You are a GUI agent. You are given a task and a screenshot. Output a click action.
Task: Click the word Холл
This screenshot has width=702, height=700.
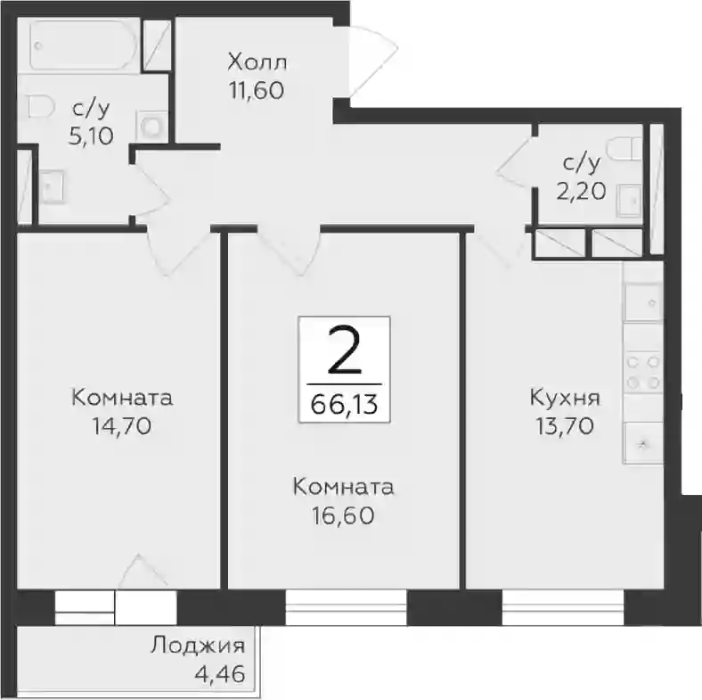tap(257, 62)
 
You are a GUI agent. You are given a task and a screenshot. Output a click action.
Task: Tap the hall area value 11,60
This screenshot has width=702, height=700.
tap(257, 91)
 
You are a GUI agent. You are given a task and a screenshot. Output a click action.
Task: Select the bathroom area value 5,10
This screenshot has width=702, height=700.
tap(91, 136)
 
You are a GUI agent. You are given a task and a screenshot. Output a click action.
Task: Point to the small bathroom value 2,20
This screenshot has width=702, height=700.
tap(581, 192)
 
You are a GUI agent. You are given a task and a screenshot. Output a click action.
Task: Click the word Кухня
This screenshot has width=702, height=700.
tap(565, 398)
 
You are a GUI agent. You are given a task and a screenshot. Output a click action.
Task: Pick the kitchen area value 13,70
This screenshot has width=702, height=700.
tap(565, 425)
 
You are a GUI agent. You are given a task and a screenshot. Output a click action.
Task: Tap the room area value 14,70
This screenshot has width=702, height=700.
tap(122, 425)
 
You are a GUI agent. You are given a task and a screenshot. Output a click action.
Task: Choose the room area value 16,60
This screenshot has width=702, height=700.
tap(343, 515)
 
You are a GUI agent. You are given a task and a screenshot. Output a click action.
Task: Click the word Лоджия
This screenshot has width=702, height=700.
tap(198, 646)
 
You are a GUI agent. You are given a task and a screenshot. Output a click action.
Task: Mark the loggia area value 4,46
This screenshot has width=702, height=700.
tap(220, 674)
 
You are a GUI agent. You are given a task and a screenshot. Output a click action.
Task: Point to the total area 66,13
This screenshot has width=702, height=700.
tap(344, 405)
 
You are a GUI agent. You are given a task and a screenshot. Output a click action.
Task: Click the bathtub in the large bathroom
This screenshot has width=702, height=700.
tap(84, 45)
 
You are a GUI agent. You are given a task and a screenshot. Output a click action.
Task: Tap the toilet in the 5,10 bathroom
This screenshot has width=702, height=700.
tap(41, 107)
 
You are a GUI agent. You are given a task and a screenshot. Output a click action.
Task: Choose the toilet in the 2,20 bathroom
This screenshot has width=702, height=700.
tap(624, 147)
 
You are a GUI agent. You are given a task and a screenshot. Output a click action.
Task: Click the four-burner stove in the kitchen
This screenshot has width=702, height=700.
tap(643, 372)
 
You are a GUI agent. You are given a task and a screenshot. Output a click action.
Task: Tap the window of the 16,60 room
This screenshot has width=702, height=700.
tap(346, 607)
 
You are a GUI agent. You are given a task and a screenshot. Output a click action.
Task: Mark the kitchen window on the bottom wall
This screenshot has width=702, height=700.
tap(563, 607)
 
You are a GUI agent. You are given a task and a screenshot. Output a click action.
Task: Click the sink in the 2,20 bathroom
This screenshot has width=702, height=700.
tap(629, 202)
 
